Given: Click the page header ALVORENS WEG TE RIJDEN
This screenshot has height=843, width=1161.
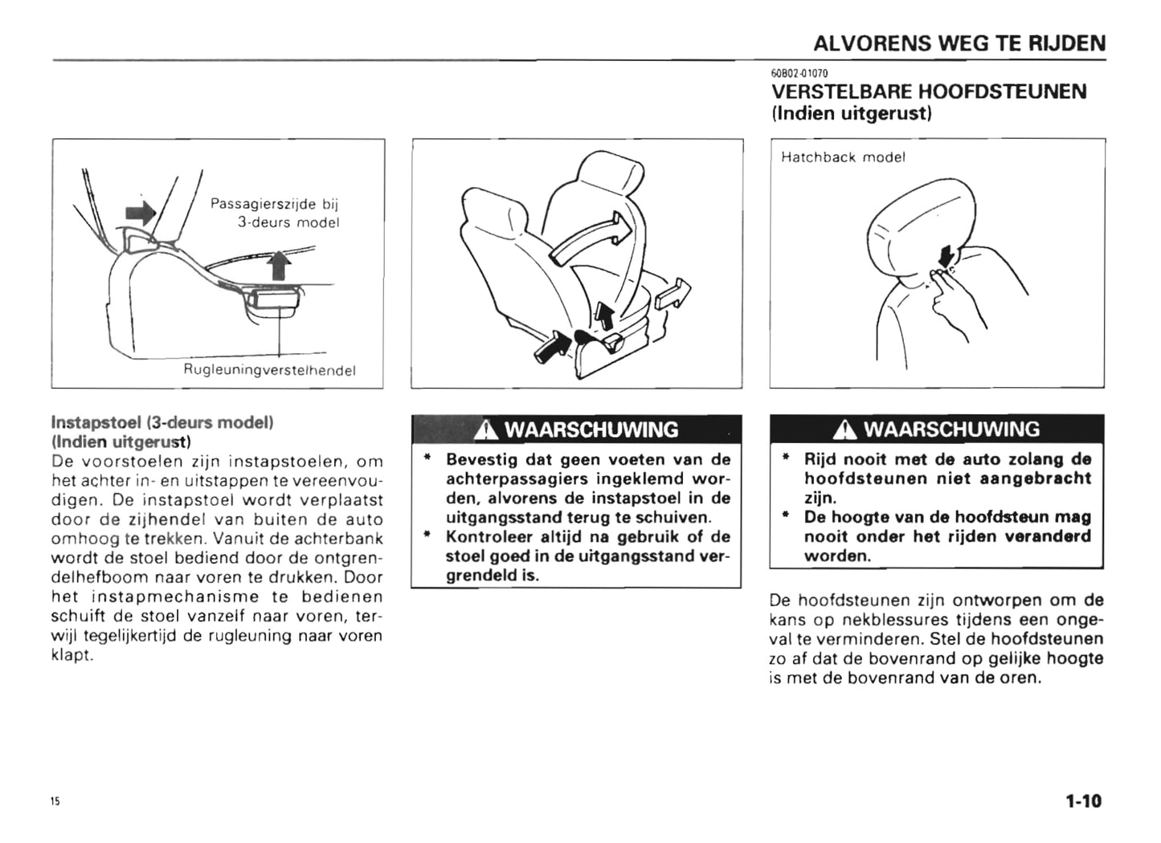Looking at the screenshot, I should coord(959,43).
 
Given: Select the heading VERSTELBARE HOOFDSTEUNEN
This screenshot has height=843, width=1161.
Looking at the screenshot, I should coord(928,92).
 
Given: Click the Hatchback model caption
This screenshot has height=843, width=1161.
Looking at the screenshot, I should coord(843,157).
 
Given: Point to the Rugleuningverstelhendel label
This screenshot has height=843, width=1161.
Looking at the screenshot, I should coord(269,370).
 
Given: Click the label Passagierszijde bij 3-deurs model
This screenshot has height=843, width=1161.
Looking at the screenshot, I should coord(275,213).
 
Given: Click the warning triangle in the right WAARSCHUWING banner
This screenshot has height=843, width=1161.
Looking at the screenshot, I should coord(844,430).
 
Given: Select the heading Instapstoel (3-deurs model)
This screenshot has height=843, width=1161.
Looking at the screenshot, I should coord(162,422).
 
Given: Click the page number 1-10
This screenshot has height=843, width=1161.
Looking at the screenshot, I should coord(1083,800).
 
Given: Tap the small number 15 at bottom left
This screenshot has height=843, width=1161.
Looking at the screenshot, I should coord(55,801).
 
